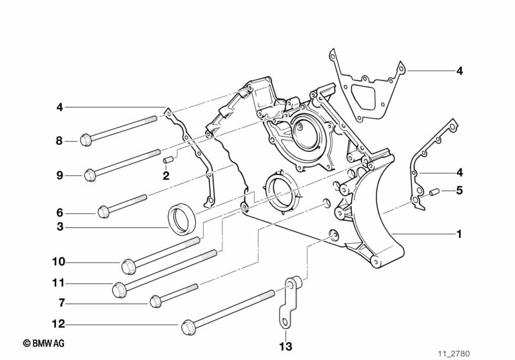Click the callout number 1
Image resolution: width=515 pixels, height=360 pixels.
tap(459, 234)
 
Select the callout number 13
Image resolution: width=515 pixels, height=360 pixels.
tap(285, 346)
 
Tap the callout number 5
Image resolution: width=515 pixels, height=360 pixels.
tap(459, 191)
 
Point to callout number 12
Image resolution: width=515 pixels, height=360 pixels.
tap(59, 324)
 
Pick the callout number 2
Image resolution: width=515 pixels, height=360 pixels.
tap(166, 175)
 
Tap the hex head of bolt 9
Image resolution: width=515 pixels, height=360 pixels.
tap(90, 174)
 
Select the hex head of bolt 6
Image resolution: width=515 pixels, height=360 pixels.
tap(103, 211)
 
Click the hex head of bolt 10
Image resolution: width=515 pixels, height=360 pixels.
tap(128, 265)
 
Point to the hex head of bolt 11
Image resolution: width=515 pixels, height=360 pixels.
tap(119, 290)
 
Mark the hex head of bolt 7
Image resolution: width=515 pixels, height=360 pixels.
tap(155, 301)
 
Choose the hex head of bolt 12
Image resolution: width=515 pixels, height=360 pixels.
tap(189, 327)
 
